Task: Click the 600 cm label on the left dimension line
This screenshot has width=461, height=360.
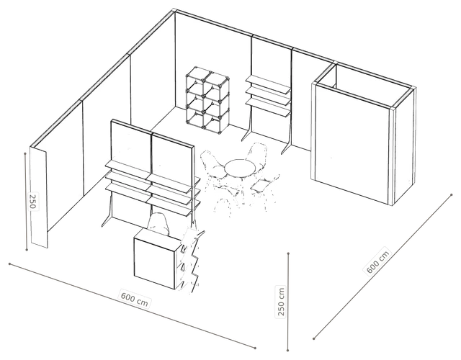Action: click(x=135, y=299)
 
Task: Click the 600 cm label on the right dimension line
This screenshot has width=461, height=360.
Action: click(x=378, y=262)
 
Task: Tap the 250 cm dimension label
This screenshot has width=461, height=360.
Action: click(x=281, y=301)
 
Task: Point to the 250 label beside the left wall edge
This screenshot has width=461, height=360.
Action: click(x=32, y=202)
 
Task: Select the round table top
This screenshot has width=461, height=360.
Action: click(x=241, y=168)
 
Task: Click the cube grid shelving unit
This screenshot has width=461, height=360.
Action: click(x=207, y=98)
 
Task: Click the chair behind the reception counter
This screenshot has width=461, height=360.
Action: click(x=158, y=224)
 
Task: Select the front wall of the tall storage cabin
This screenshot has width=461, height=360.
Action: click(x=353, y=144)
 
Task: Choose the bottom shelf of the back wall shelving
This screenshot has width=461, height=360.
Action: click(x=267, y=107)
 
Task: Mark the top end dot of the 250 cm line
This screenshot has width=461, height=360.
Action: click(x=288, y=253)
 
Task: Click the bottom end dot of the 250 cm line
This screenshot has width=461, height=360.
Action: click(x=288, y=350)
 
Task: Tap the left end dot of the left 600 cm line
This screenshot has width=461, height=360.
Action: click(x=9, y=264)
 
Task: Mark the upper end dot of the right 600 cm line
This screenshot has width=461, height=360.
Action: click(x=452, y=194)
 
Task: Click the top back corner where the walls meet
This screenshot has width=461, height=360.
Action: click(x=174, y=11)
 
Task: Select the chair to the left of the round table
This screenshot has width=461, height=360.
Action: click(x=212, y=165)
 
